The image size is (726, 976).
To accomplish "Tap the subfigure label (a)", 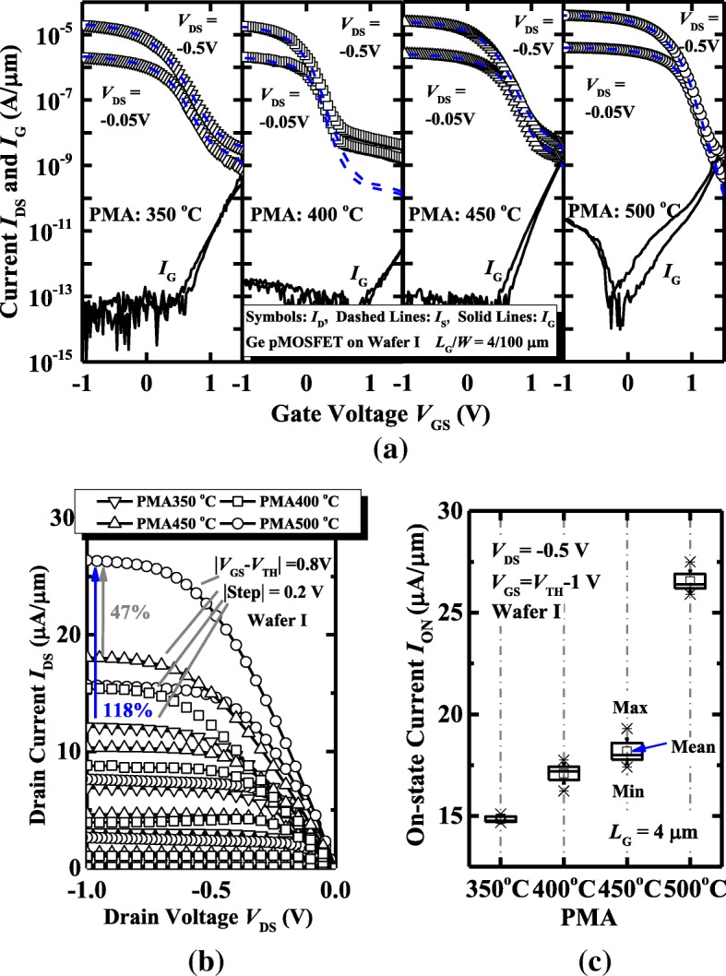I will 363,452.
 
